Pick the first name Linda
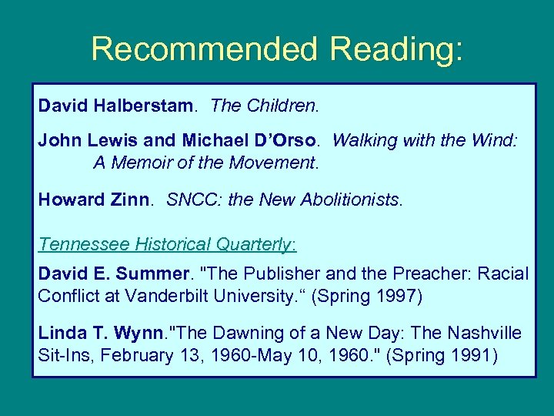click(x=60, y=333)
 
